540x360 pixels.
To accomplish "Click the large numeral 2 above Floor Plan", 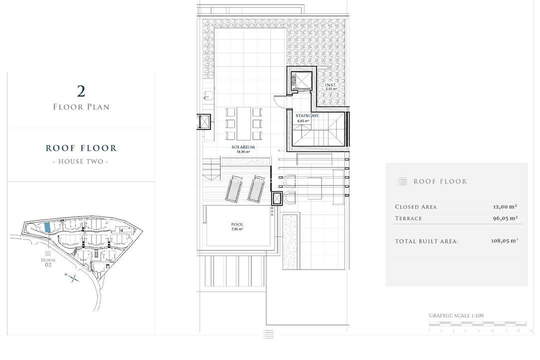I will point(81,91).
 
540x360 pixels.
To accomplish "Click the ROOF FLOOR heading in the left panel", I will point(81,148).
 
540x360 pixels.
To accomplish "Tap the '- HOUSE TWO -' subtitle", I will point(81,161).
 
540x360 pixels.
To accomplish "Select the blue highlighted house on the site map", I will point(47,227).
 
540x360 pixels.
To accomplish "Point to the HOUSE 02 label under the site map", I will point(48,262).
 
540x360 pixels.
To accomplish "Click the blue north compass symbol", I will point(73,278).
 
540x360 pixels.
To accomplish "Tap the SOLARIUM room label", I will point(243,147).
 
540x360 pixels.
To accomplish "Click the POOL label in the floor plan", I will point(237,224).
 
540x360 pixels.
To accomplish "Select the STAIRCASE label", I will point(307,116).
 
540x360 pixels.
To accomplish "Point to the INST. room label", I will point(330,85).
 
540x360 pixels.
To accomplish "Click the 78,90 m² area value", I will point(243,151).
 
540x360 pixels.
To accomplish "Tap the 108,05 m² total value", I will point(504,240).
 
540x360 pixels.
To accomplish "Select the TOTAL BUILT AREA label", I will point(426,241).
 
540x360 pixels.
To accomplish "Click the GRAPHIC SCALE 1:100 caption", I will point(456,315).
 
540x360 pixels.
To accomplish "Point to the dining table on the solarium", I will point(244,123).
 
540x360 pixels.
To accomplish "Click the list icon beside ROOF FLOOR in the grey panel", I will point(402,181).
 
